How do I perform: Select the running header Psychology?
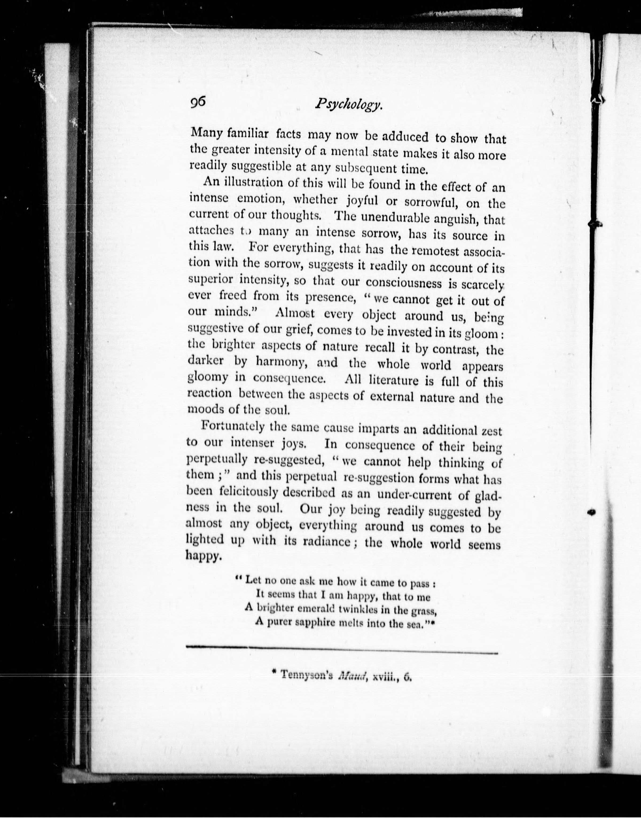point(348,106)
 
